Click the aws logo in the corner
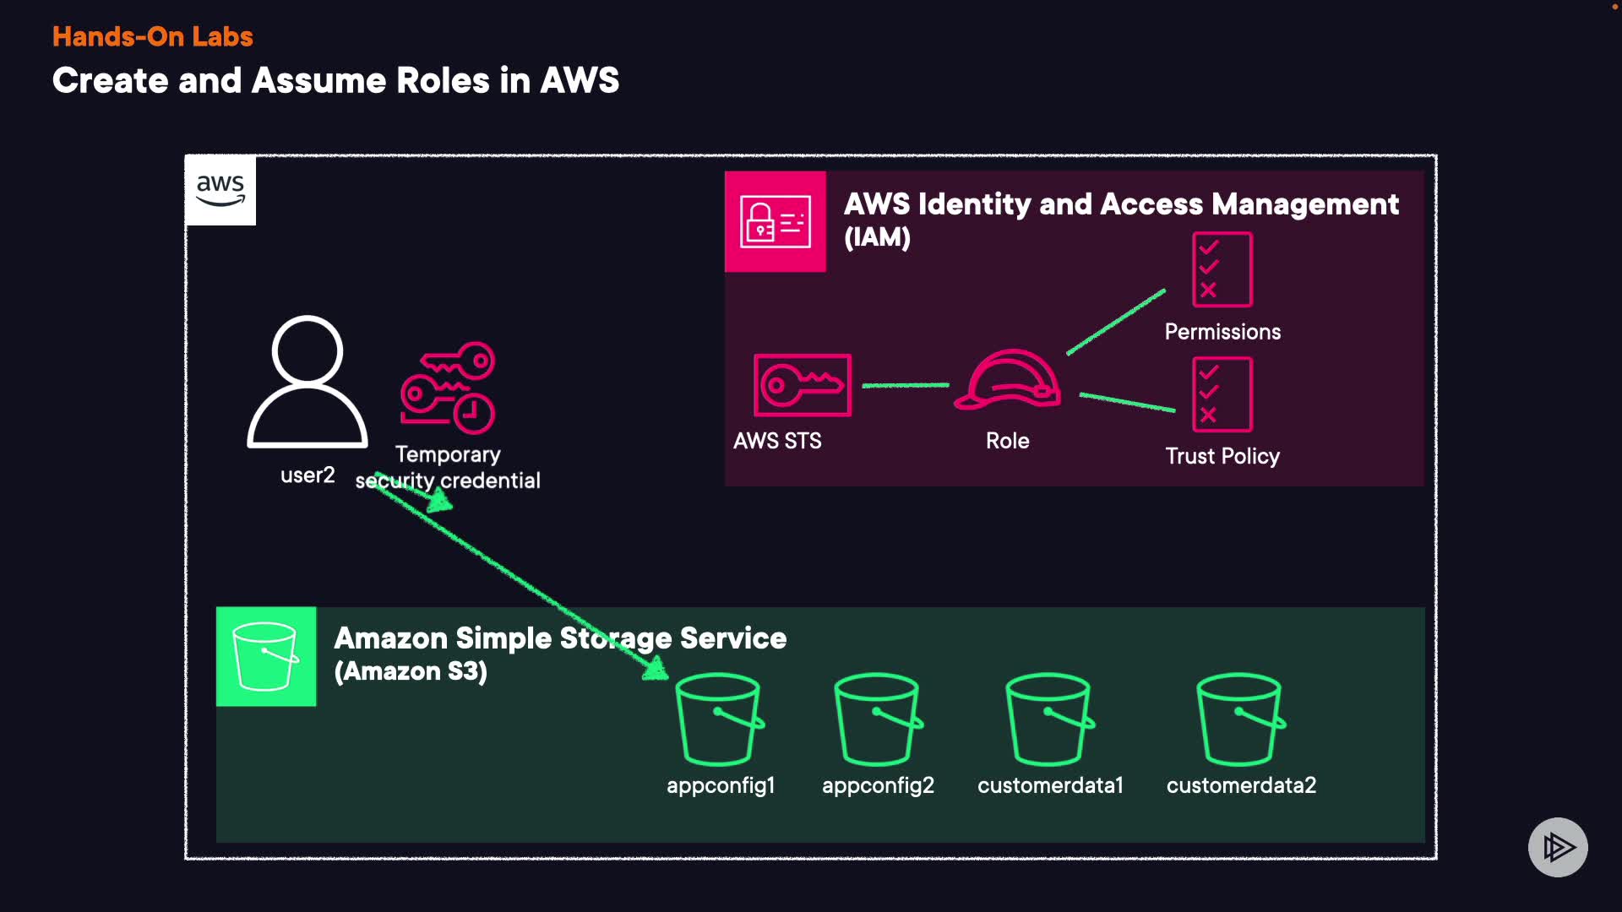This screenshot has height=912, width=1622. click(x=220, y=190)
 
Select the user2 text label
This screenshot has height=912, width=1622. click(x=308, y=475)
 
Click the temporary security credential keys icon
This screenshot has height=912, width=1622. click(x=448, y=388)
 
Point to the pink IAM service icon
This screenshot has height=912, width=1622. click(x=775, y=221)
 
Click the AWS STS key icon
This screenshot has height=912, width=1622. click(x=802, y=385)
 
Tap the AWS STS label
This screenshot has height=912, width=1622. click(x=777, y=441)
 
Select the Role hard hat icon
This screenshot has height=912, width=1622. click(x=1007, y=380)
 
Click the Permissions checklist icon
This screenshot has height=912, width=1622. click(x=1222, y=269)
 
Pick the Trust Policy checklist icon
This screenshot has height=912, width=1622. click(x=1222, y=394)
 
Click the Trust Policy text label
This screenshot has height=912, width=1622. click(x=1222, y=456)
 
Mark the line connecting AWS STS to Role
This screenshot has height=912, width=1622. click(x=905, y=385)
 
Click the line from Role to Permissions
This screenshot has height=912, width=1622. click(x=1116, y=323)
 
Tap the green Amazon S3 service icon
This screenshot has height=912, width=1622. click(x=266, y=656)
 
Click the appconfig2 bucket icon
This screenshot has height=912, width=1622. click(x=878, y=719)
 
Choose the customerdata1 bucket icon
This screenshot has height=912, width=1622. click(x=1049, y=719)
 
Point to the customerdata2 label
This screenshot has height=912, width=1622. click(x=1241, y=785)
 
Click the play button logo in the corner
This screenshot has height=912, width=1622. click(x=1558, y=847)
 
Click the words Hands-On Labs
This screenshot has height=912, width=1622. click(x=153, y=36)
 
